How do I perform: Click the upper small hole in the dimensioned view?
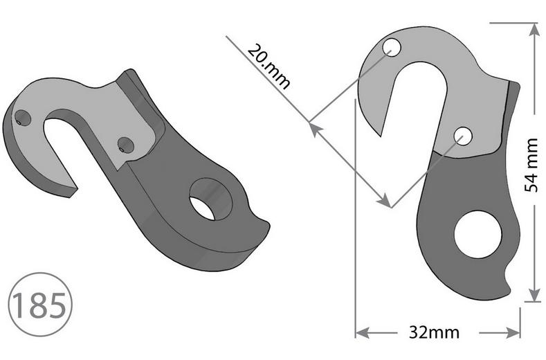pos(392,48)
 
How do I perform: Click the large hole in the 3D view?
pos(210,198)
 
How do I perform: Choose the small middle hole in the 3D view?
pos(125,145)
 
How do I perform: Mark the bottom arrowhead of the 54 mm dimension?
pos(534,296)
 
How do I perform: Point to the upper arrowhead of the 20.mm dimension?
pos(312,127)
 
